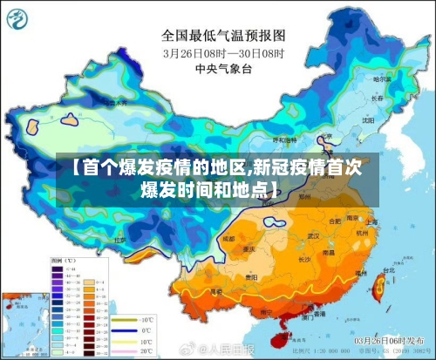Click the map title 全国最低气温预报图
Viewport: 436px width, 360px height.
(x=224, y=36)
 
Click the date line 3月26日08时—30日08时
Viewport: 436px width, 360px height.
(x=224, y=52)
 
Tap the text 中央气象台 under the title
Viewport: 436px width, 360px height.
(x=224, y=68)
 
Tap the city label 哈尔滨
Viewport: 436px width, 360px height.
(x=380, y=79)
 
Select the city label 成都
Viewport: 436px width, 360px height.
(x=228, y=237)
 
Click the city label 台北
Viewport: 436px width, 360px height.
(x=380, y=271)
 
